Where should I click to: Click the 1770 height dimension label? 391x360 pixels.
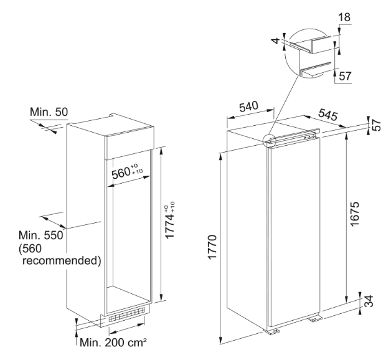coord(212,247)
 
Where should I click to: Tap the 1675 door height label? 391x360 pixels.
coord(354,214)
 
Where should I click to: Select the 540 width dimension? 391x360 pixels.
coord(248,107)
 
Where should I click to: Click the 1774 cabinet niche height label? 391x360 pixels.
coord(170,220)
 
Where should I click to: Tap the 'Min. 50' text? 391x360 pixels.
coord(49,112)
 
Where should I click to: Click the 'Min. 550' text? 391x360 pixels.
coord(41,235)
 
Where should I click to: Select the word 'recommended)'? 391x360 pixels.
coord(62,261)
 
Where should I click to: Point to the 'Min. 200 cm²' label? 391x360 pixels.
coord(113,343)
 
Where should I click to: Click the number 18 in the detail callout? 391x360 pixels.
coord(344,17)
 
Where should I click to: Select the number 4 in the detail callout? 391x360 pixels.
coord(276,40)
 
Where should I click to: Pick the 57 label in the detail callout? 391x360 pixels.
coord(345,76)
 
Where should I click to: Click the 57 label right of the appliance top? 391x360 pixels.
coord(377,125)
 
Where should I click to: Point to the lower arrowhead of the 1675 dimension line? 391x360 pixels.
coord(347,300)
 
